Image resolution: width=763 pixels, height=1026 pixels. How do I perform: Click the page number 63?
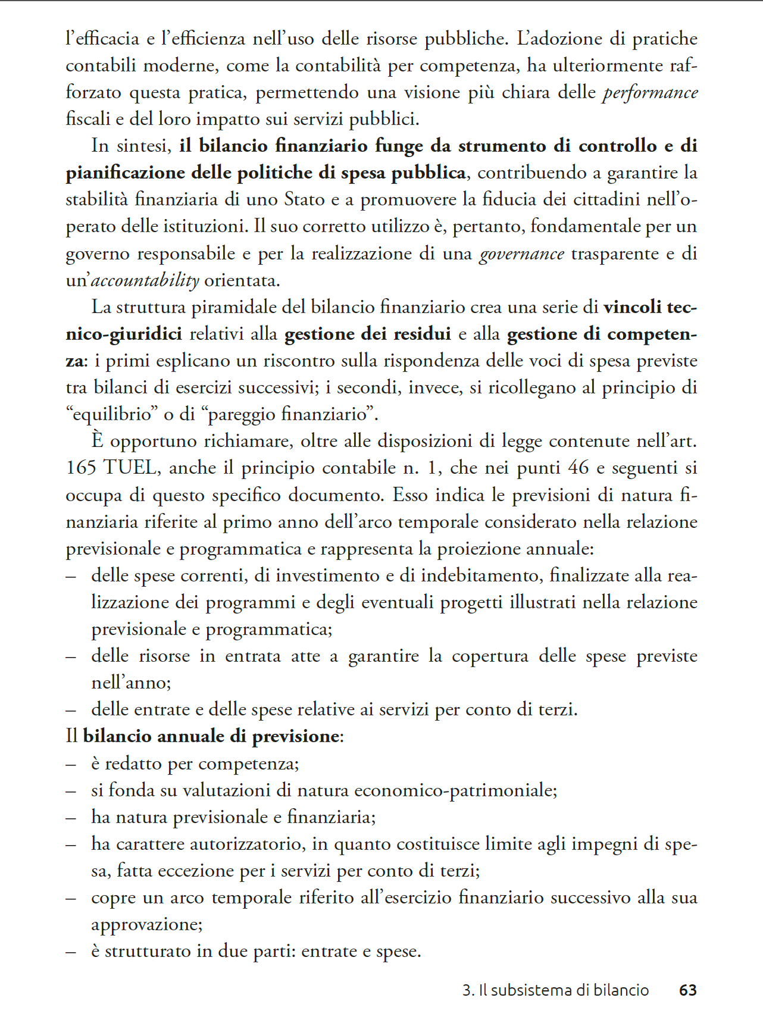[x=687, y=990]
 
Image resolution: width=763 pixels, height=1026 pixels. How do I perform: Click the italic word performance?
[x=650, y=93]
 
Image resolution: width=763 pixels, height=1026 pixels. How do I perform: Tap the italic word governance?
[x=521, y=254]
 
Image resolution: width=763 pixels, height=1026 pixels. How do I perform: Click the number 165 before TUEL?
[x=81, y=468]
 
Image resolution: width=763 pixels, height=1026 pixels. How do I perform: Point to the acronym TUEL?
[x=131, y=468]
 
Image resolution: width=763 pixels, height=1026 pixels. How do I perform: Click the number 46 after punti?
[x=578, y=468]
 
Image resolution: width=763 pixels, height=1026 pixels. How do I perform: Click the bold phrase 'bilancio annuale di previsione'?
[x=211, y=737]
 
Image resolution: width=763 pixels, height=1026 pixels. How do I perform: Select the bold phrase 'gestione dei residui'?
[x=367, y=334]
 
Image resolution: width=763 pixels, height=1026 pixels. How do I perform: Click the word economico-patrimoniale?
[x=455, y=790]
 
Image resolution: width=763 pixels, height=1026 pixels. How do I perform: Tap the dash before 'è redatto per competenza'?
[x=71, y=764]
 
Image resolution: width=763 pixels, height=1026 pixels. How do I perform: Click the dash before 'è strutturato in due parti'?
[x=71, y=952]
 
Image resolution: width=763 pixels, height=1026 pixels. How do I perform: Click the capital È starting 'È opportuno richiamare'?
[x=98, y=440]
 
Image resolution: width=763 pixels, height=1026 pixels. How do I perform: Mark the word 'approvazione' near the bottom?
[x=146, y=924]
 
